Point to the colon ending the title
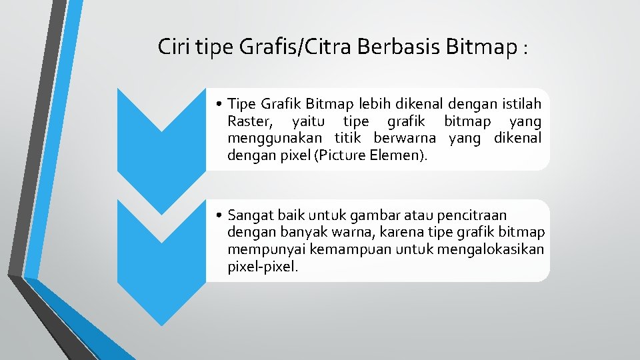[527, 49]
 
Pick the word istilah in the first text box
[519, 104]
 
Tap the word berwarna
[405, 139]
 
